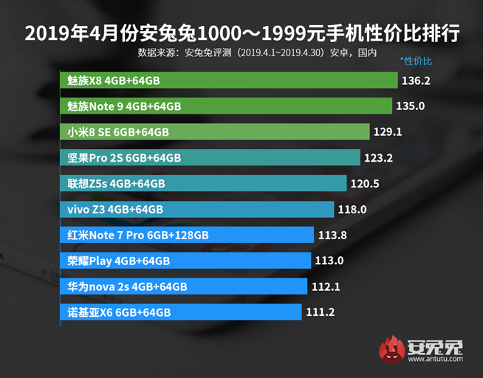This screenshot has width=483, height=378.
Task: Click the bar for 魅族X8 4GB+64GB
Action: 228,80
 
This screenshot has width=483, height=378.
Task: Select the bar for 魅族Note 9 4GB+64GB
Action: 225,106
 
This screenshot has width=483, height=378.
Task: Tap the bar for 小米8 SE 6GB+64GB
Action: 214,132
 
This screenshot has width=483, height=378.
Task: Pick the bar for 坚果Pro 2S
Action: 210,157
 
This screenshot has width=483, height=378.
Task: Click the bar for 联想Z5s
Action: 202,183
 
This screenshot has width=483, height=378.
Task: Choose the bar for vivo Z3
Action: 196,209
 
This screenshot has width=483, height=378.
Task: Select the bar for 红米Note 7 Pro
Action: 187,235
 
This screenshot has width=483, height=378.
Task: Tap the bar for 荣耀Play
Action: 185,261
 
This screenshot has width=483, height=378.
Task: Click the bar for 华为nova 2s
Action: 182,286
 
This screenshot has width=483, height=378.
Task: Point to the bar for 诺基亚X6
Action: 180,312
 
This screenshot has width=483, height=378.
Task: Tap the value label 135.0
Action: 411,106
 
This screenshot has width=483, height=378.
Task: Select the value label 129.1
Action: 388,132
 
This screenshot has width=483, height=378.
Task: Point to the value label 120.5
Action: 366,183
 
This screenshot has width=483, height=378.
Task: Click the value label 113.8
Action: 332,235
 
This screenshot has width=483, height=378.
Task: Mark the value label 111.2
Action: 320,312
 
